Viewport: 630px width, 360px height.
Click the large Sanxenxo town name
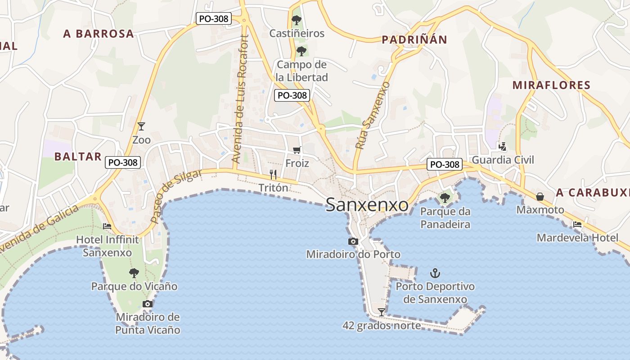click(x=367, y=205)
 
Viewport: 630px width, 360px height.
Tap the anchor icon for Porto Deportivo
click(x=435, y=273)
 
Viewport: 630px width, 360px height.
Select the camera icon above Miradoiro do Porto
click(x=353, y=242)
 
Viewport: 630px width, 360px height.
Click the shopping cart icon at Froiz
click(x=297, y=150)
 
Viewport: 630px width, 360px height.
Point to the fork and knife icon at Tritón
click(x=273, y=174)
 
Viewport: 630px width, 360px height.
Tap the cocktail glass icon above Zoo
click(x=141, y=126)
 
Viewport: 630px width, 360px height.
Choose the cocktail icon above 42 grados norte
click(x=382, y=312)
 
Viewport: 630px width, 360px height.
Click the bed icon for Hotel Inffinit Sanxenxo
click(x=107, y=226)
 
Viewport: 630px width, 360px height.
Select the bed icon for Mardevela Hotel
click(x=577, y=224)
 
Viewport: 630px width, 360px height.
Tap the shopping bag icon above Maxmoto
click(x=540, y=197)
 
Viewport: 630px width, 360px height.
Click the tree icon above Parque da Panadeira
click(x=445, y=197)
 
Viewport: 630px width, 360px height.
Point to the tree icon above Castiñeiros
click(x=296, y=20)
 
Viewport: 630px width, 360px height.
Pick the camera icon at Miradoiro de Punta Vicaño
click(x=148, y=304)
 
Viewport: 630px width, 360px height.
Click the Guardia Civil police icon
click(x=503, y=146)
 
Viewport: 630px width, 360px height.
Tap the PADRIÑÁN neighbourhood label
click(x=414, y=40)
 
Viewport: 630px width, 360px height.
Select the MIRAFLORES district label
click(x=551, y=85)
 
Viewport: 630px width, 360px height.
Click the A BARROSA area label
click(x=99, y=33)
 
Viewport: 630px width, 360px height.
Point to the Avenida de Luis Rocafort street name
click(x=240, y=99)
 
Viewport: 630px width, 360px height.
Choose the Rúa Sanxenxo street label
click(x=372, y=116)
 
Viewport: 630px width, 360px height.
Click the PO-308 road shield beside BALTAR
click(x=123, y=162)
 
